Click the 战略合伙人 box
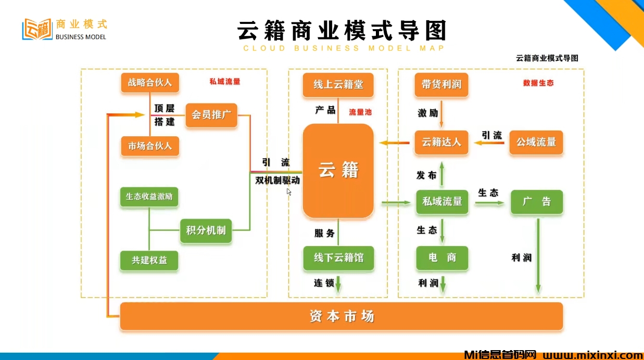(x=150, y=83)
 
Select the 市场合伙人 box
(x=150, y=146)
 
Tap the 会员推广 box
(x=211, y=114)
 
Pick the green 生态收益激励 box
(x=149, y=197)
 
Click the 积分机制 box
(x=206, y=230)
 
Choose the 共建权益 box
(x=149, y=261)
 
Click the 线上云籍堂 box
(x=338, y=85)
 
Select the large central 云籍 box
(x=338, y=171)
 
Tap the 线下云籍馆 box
(x=338, y=258)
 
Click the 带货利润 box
(x=441, y=85)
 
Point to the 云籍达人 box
(x=441, y=142)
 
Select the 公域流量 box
(x=536, y=142)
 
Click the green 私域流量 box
(x=442, y=202)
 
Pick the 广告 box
(x=536, y=202)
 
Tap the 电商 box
(x=442, y=258)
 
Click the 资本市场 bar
(x=342, y=316)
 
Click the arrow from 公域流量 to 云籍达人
(x=491, y=142)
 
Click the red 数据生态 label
(x=538, y=83)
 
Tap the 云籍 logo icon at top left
(x=37, y=30)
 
